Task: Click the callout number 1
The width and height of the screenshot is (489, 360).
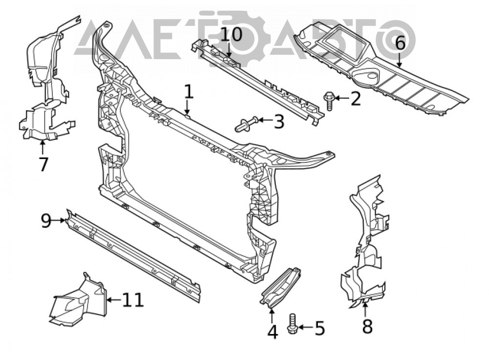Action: tap(189, 92)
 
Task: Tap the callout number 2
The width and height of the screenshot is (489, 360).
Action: tap(355, 99)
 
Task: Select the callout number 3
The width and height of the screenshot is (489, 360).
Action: tap(279, 122)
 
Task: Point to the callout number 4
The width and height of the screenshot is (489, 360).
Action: tap(272, 332)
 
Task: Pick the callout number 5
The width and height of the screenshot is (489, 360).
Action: tap(319, 328)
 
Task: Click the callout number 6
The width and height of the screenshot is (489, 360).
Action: tap(400, 43)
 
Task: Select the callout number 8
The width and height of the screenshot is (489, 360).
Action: tap(367, 326)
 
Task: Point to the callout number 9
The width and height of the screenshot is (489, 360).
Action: tap(46, 221)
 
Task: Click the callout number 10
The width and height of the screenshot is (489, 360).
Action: tap(231, 34)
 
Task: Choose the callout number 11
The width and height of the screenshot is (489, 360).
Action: tap(133, 300)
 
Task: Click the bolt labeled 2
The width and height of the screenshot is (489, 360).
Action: tap(329, 100)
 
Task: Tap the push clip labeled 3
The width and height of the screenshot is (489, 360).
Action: tap(246, 124)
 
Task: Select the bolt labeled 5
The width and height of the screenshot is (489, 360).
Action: tap(291, 324)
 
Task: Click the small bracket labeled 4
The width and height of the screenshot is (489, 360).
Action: tap(281, 286)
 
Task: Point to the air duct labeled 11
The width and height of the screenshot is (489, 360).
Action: tap(77, 300)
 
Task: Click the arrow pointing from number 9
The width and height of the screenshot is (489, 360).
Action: tap(59, 221)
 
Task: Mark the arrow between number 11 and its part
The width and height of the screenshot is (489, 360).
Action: tap(113, 300)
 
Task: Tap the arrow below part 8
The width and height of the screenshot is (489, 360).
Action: tap(365, 308)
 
